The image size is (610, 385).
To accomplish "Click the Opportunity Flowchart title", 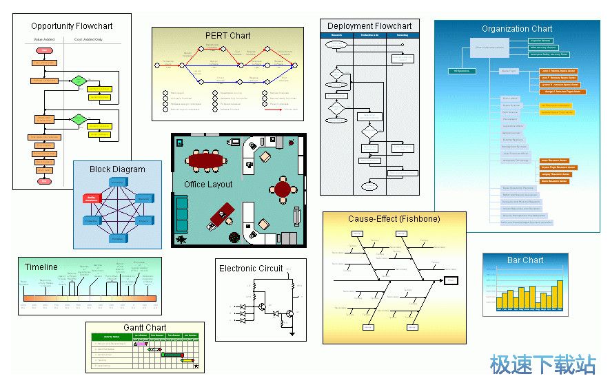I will [72, 26].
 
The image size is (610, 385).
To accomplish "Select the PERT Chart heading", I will [227, 36].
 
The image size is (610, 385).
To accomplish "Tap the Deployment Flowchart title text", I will [369, 26].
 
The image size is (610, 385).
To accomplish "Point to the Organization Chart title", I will [517, 29].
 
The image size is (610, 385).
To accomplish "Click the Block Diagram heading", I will [117, 169].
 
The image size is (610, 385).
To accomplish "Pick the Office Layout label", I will [208, 185].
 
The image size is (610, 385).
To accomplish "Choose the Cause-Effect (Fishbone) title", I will [394, 219].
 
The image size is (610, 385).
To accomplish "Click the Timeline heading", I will [41, 267].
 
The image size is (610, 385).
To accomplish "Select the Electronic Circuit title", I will [251, 269].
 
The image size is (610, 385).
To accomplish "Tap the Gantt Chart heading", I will [145, 328].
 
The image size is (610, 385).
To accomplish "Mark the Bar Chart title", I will [525, 260].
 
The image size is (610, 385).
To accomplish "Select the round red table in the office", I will [283, 188].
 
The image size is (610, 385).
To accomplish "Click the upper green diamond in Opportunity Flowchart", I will [79, 81].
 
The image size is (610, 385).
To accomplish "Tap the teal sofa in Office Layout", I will [182, 214].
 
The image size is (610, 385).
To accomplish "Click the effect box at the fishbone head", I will [451, 280].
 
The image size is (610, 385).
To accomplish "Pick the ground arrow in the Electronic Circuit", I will [292, 333].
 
